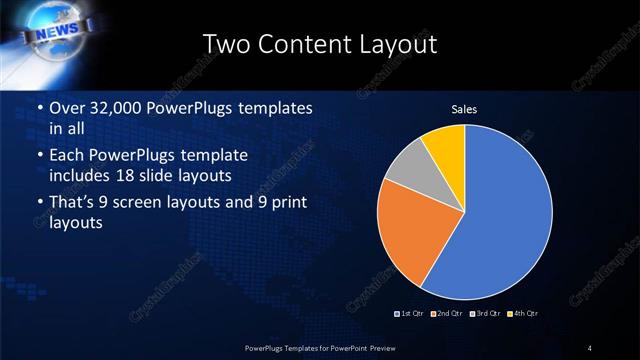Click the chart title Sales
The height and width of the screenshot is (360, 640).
(x=464, y=108)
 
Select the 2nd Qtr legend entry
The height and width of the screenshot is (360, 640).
(x=447, y=313)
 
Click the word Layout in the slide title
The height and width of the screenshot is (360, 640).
(x=393, y=44)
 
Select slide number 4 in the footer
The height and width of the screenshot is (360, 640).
(x=590, y=347)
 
